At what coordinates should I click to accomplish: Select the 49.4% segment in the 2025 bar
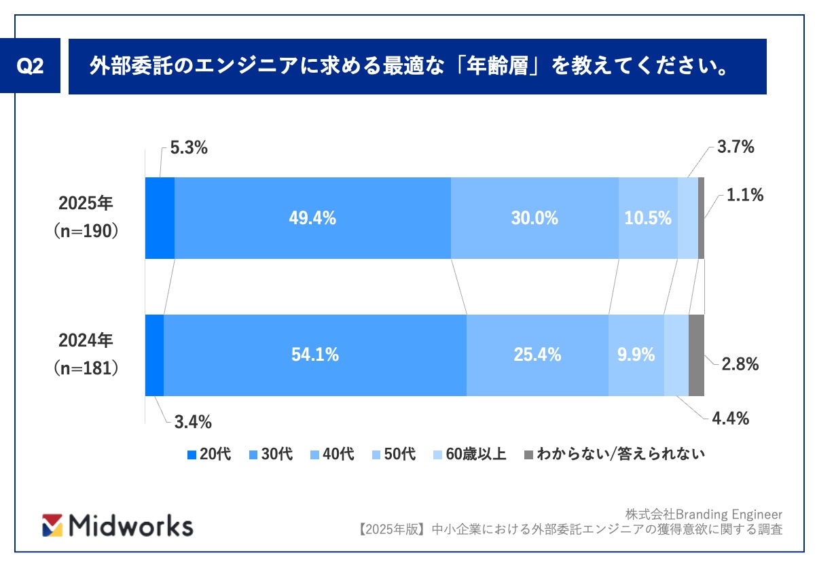click(x=312, y=218)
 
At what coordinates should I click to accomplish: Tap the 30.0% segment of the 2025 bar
click(x=534, y=218)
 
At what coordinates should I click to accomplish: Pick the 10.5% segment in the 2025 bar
click(x=648, y=218)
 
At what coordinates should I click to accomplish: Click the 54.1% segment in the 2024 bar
click(x=314, y=355)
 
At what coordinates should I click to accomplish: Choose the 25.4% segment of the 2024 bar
click(x=537, y=355)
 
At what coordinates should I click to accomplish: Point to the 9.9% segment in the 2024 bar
click(x=636, y=355)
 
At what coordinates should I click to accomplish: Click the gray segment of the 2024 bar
click(x=696, y=355)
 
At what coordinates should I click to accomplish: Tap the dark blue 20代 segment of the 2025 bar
click(x=160, y=218)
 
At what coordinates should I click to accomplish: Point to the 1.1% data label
click(x=745, y=196)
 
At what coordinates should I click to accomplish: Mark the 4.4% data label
click(x=730, y=419)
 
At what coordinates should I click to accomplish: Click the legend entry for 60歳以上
click(x=470, y=455)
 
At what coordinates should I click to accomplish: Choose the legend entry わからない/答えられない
click(x=615, y=455)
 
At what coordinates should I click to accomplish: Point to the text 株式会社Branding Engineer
click(x=703, y=514)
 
